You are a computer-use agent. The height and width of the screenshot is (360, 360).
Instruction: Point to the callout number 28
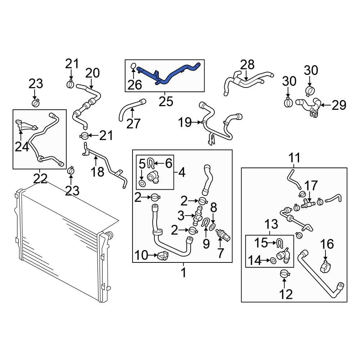click(x=247, y=65)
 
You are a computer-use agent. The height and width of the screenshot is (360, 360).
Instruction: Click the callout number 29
click(x=338, y=105)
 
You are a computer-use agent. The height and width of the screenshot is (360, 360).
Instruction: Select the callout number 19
click(x=185, y=123)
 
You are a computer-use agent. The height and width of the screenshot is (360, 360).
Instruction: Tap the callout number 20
click(x=92, y=73)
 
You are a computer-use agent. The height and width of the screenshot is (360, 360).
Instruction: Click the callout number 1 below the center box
click(x=183, y=273)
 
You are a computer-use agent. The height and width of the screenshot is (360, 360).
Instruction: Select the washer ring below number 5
click(x=143, y=184)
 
